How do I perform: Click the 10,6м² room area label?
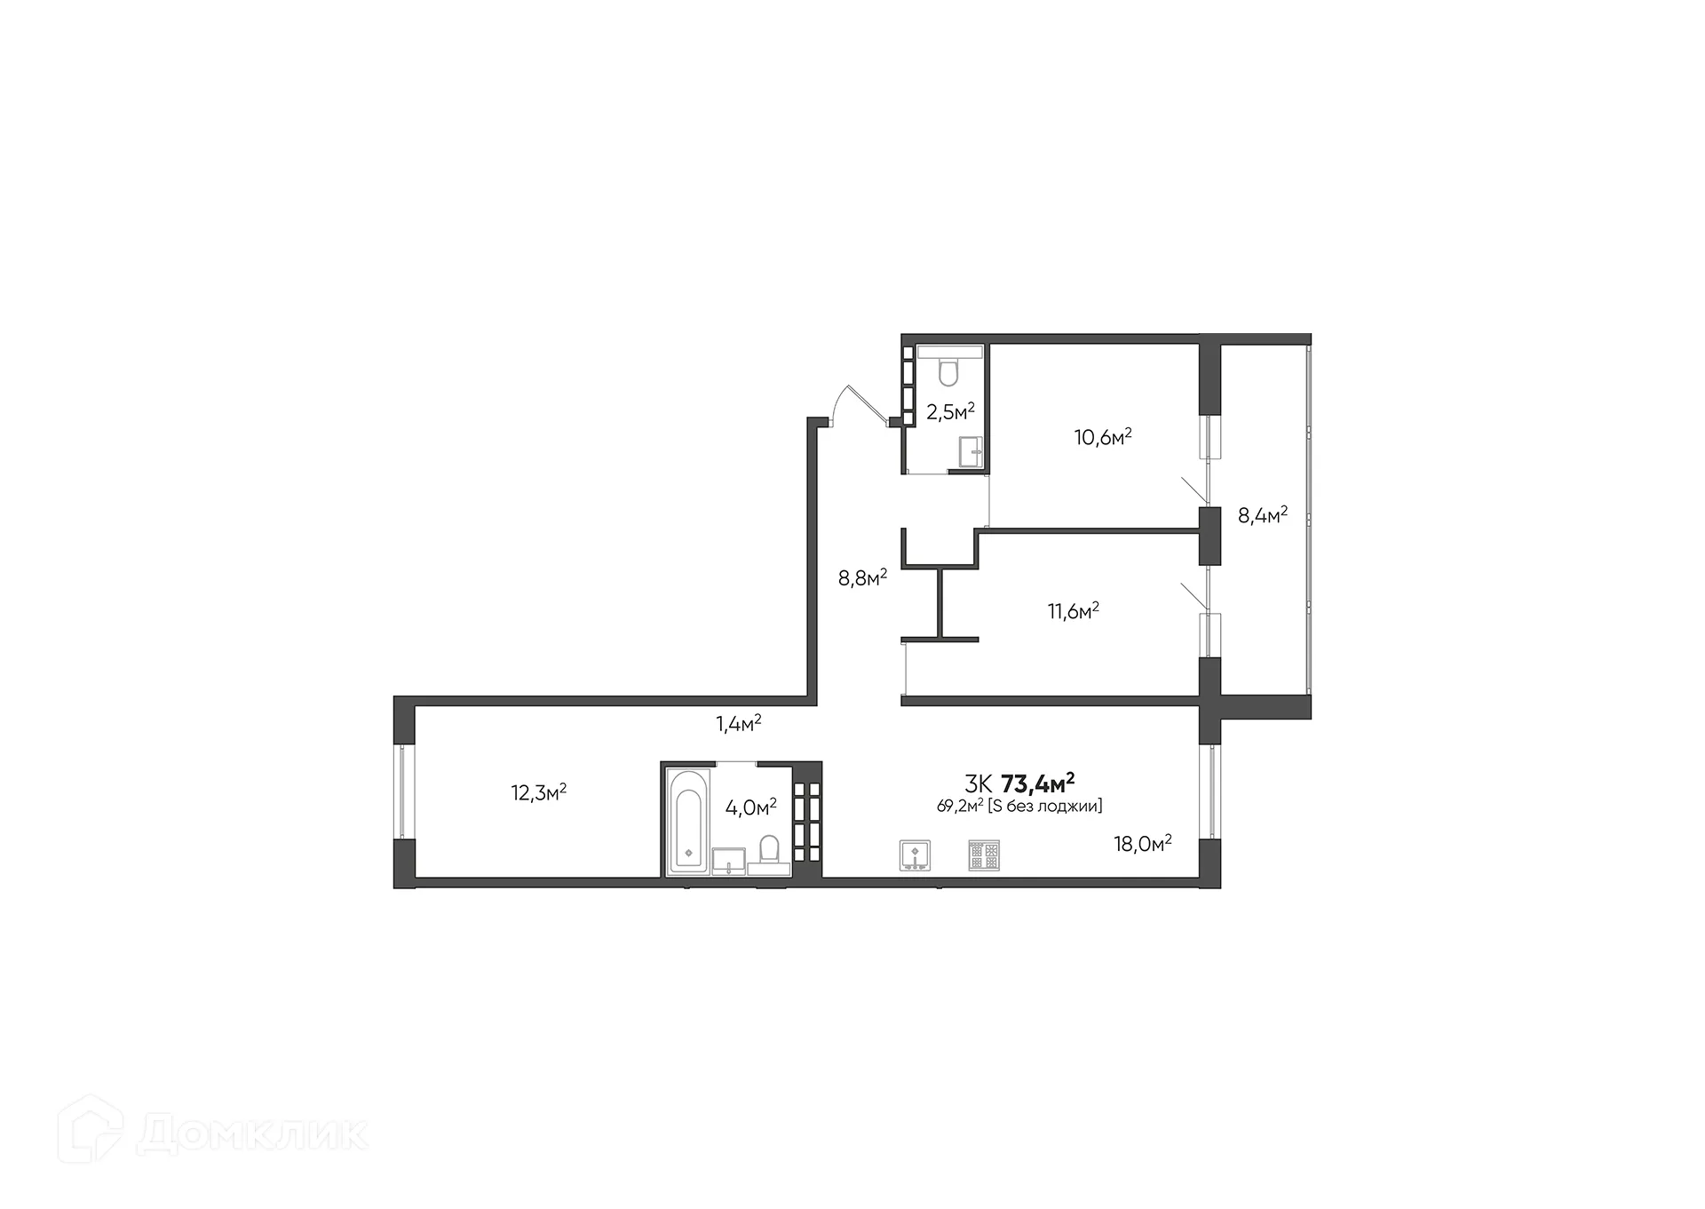(x=1103, y=437)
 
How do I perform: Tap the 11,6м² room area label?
(x=1073, y=610)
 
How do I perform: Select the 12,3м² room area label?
(x=538, y=792)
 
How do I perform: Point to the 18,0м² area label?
(x=1142, y=843)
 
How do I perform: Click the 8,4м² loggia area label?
(x=1262, y=515)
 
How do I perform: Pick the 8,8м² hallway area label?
(x=862, y=578)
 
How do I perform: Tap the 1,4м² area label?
(x=739, y=723)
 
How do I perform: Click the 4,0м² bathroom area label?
(x=750, y=807)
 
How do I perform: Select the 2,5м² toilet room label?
(x=950, y=411)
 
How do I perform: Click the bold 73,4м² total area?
(x=1037, y=783)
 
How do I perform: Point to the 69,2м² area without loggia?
(x=1019, y=807)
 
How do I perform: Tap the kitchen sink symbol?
(x=915, y=855)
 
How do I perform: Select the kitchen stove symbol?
(x=984, y=855)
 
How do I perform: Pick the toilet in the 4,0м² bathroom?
(x=769, y=851)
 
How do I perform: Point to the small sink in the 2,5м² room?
(x=971, y=452)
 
